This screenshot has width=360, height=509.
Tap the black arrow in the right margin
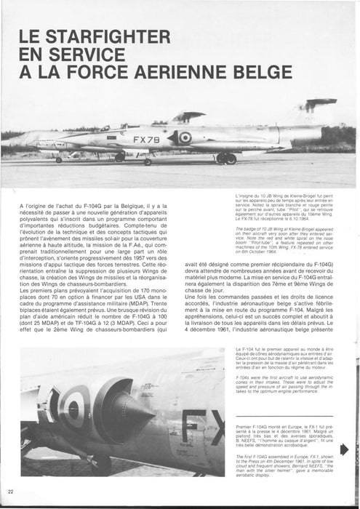click(x=344, y=449)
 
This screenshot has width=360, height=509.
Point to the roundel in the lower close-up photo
click(x=71, y=406)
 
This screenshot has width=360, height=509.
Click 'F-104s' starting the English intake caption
click(x=244, y=377)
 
